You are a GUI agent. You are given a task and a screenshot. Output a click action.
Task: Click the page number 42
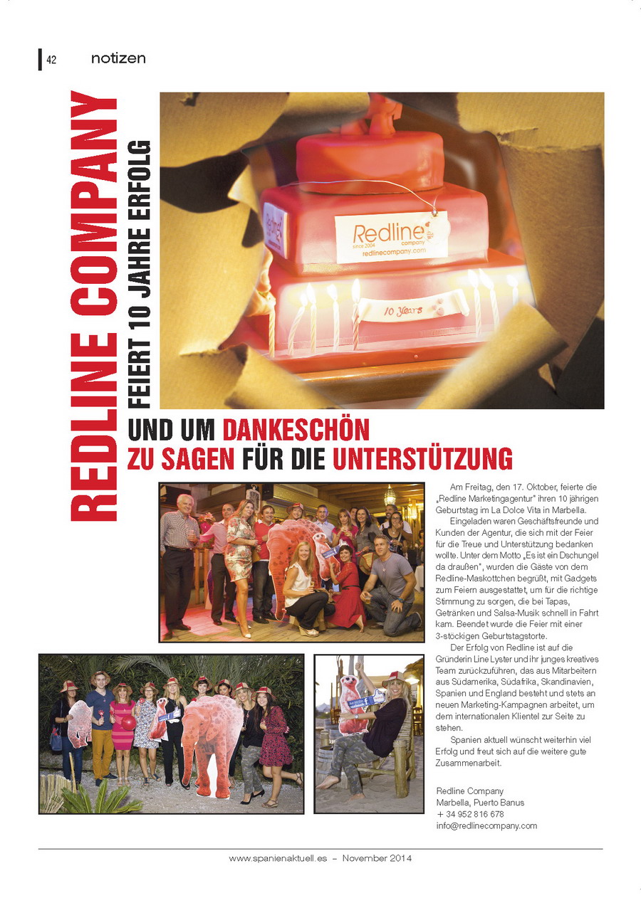pos(51,60)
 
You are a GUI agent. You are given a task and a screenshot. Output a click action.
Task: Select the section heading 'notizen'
pos(118,59)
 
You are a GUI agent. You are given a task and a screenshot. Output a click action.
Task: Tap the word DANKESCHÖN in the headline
pos(296,430)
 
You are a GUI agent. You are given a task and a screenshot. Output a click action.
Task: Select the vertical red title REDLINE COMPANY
pos(94,306)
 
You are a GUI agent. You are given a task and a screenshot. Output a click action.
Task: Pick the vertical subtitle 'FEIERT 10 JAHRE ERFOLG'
pos(141,274)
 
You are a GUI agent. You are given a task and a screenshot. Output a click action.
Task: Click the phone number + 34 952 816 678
pos(470,814)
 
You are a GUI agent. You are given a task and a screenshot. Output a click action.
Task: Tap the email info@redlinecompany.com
pos(486,825)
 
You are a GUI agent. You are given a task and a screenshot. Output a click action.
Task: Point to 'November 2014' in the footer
pos(377,858)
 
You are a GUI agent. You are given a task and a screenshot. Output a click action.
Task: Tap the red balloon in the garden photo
pos(128,722)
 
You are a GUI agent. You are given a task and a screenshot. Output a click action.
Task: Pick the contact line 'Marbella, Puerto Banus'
pos(480,803)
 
